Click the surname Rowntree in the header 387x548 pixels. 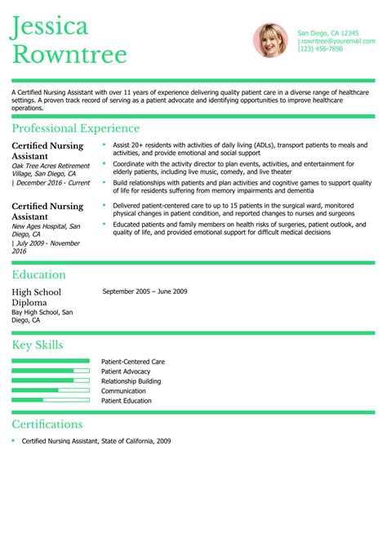pos(69,55)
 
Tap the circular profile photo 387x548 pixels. pos(270,40)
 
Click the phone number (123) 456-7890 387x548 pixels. pos(320,49)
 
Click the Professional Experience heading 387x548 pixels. pos(75,128)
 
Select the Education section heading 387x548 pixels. pos(38,274)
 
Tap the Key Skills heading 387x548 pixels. pos(38,345)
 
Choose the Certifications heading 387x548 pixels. pos(47,424)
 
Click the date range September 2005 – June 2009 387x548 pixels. pos(145,292)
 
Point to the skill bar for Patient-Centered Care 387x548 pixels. pos(51,360)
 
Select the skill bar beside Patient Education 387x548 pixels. pos(51,400)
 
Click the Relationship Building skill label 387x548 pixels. pos(131,381)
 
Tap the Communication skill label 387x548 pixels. pos(123,390)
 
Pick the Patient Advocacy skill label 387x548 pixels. pos(126,371)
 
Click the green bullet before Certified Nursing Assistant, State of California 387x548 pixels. pos(14,441)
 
